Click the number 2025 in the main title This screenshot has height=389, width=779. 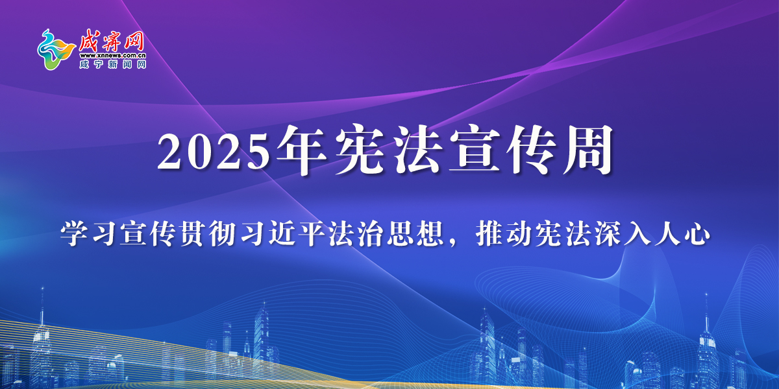click(x=214, y=152)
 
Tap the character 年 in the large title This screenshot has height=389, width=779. click(x=302, y=150)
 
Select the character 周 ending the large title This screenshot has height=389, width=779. click(x=588, y=150)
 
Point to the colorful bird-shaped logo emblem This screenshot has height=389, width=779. click(x=56, y=50)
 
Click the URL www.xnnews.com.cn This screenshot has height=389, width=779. click(x=113, y=56)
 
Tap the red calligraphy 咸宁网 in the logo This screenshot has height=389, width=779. click(x=111, y=41)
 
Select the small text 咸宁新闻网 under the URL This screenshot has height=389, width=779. click(x=113, y=64)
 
